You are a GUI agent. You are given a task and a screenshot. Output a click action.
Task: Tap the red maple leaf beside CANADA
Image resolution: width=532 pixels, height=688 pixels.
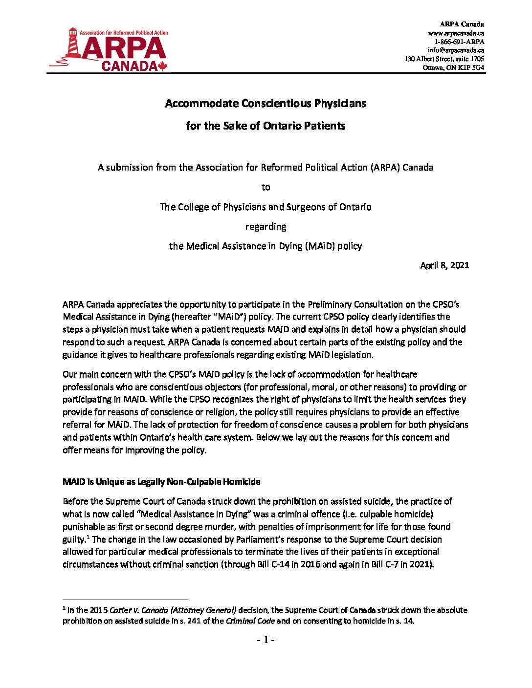point(162,66)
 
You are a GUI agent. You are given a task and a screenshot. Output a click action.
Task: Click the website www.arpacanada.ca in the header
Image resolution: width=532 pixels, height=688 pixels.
point(456,33)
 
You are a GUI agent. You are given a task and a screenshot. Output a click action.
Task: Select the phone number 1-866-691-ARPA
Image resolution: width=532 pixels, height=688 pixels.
point(460,42)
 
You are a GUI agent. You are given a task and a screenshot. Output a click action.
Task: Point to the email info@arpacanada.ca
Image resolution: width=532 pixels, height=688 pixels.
point(456,50)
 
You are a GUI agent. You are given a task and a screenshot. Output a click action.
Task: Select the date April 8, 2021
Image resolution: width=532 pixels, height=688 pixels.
point(444,265)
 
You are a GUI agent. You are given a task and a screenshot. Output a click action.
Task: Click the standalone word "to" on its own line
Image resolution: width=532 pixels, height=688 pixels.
point(266,187)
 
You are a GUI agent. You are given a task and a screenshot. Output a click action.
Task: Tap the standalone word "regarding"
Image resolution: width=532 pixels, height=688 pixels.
point(266,226)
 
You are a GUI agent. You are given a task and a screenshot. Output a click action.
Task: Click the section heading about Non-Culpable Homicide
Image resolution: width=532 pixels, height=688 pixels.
point(161,481)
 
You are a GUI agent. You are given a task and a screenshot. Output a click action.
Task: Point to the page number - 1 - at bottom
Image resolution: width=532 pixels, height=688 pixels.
point(266,640)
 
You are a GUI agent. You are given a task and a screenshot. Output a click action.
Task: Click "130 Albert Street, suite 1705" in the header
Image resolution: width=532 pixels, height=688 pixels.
point(444,59)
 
